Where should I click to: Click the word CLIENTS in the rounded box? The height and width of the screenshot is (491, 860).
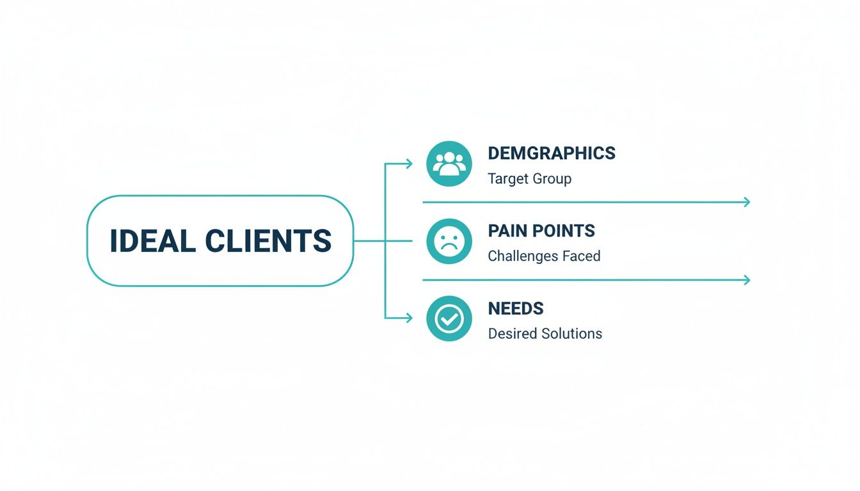[x=269, y=241]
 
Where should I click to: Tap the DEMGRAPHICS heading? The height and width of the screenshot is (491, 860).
[x=552, y=153]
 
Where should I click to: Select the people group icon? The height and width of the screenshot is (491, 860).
[x=449, y=164]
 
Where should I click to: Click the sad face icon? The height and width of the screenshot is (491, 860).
[x=449, y=241]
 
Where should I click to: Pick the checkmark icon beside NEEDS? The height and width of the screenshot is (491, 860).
[x=449, y=318]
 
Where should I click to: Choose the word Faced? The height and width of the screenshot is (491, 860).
[x=581, y=256]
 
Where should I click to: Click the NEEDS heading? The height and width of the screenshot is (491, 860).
[x=516, y=308]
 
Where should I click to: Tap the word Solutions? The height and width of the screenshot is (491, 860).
[x=570, y=334]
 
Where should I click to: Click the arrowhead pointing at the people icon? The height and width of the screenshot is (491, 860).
[x=409, y=164]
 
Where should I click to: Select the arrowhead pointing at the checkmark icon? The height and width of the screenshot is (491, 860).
[x=409, y=318]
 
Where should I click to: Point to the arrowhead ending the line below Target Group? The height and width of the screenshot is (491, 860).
[x=745, y=203]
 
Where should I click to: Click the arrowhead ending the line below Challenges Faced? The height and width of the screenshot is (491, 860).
[x=745, y=280]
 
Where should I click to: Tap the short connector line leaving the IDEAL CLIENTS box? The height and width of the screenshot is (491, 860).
[x=369, y=241]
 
